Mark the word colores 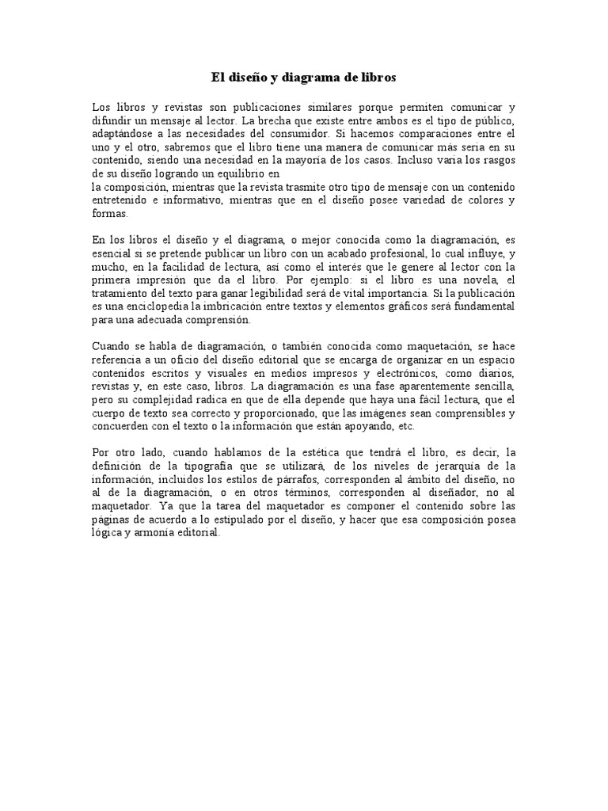[481, 201]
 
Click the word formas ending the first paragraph [110, 214]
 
